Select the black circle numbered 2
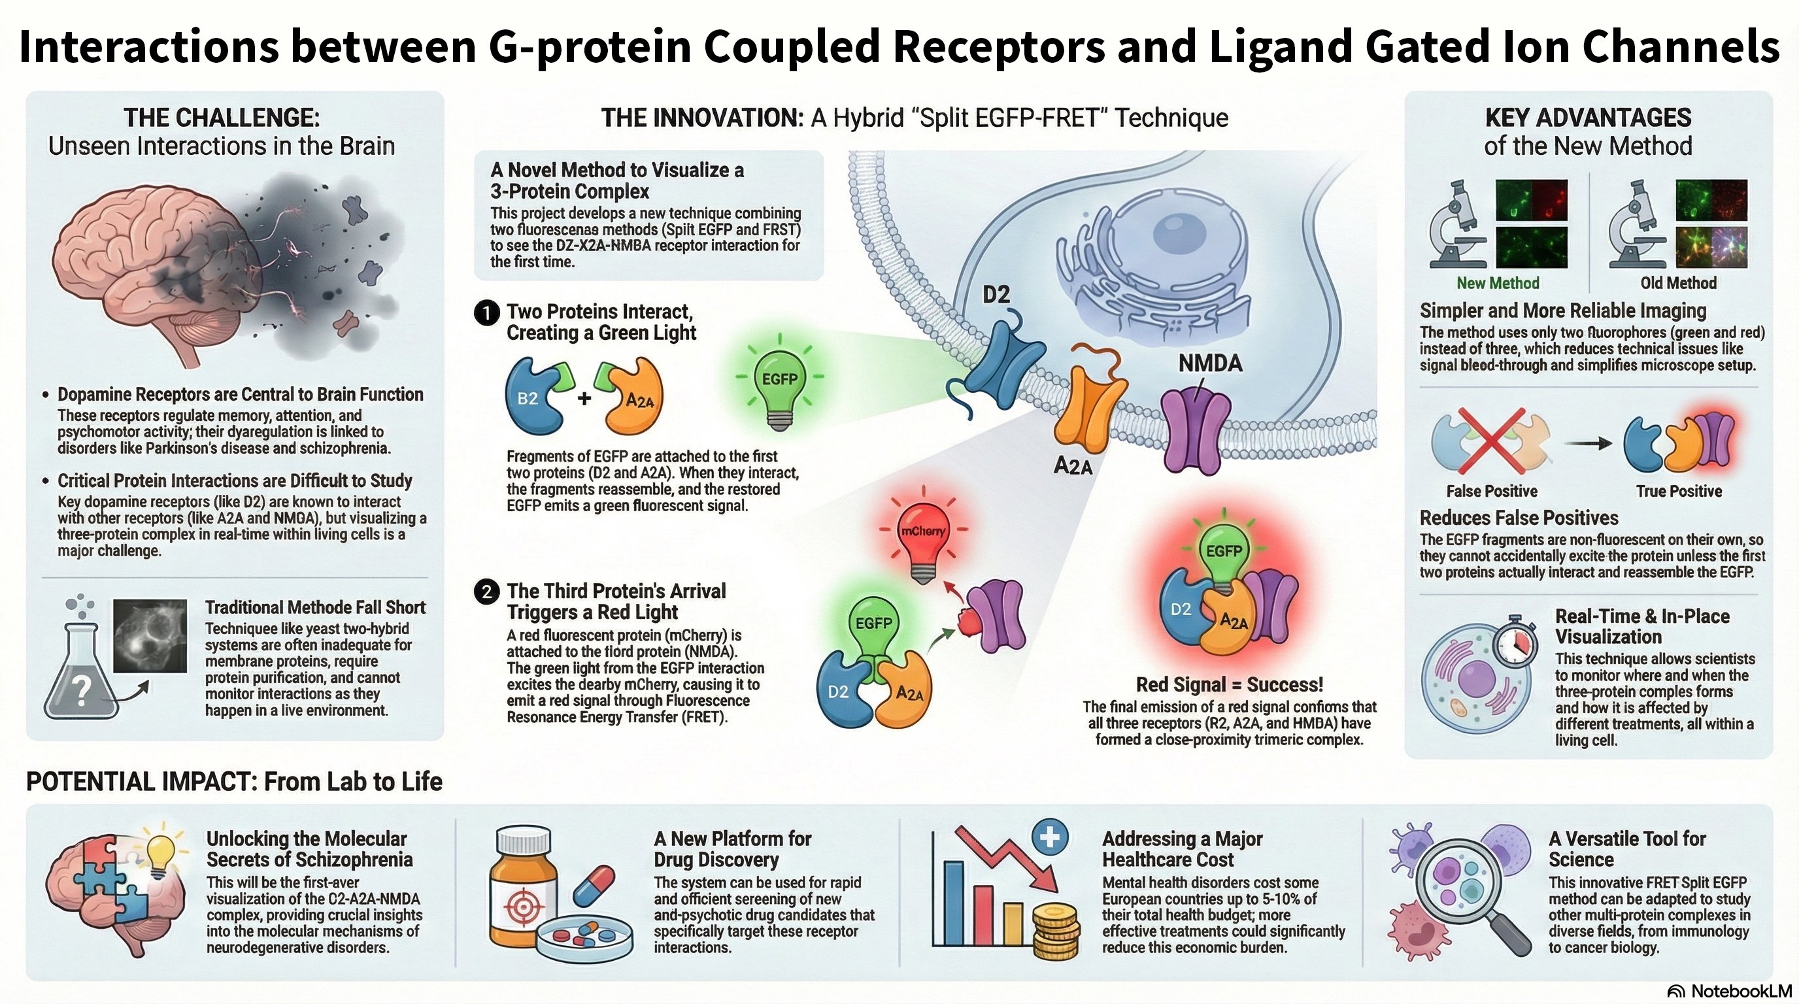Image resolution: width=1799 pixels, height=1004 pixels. coord(486,592)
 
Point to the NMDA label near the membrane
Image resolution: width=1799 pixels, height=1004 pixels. coord(1210,363)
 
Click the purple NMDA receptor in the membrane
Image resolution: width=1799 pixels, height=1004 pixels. coord(1195,429)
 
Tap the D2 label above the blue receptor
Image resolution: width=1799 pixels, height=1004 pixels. coord(996,295)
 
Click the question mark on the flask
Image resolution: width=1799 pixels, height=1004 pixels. coord(82,690)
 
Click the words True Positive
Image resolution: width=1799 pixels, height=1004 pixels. coord(1678,491)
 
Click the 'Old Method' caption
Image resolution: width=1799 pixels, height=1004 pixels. coord(1678,283)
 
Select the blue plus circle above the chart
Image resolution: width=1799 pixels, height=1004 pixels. coord(1050,837)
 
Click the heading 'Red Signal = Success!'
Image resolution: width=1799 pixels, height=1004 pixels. coord(1229,684)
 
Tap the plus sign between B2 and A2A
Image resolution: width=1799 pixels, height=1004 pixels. coord(584,399)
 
